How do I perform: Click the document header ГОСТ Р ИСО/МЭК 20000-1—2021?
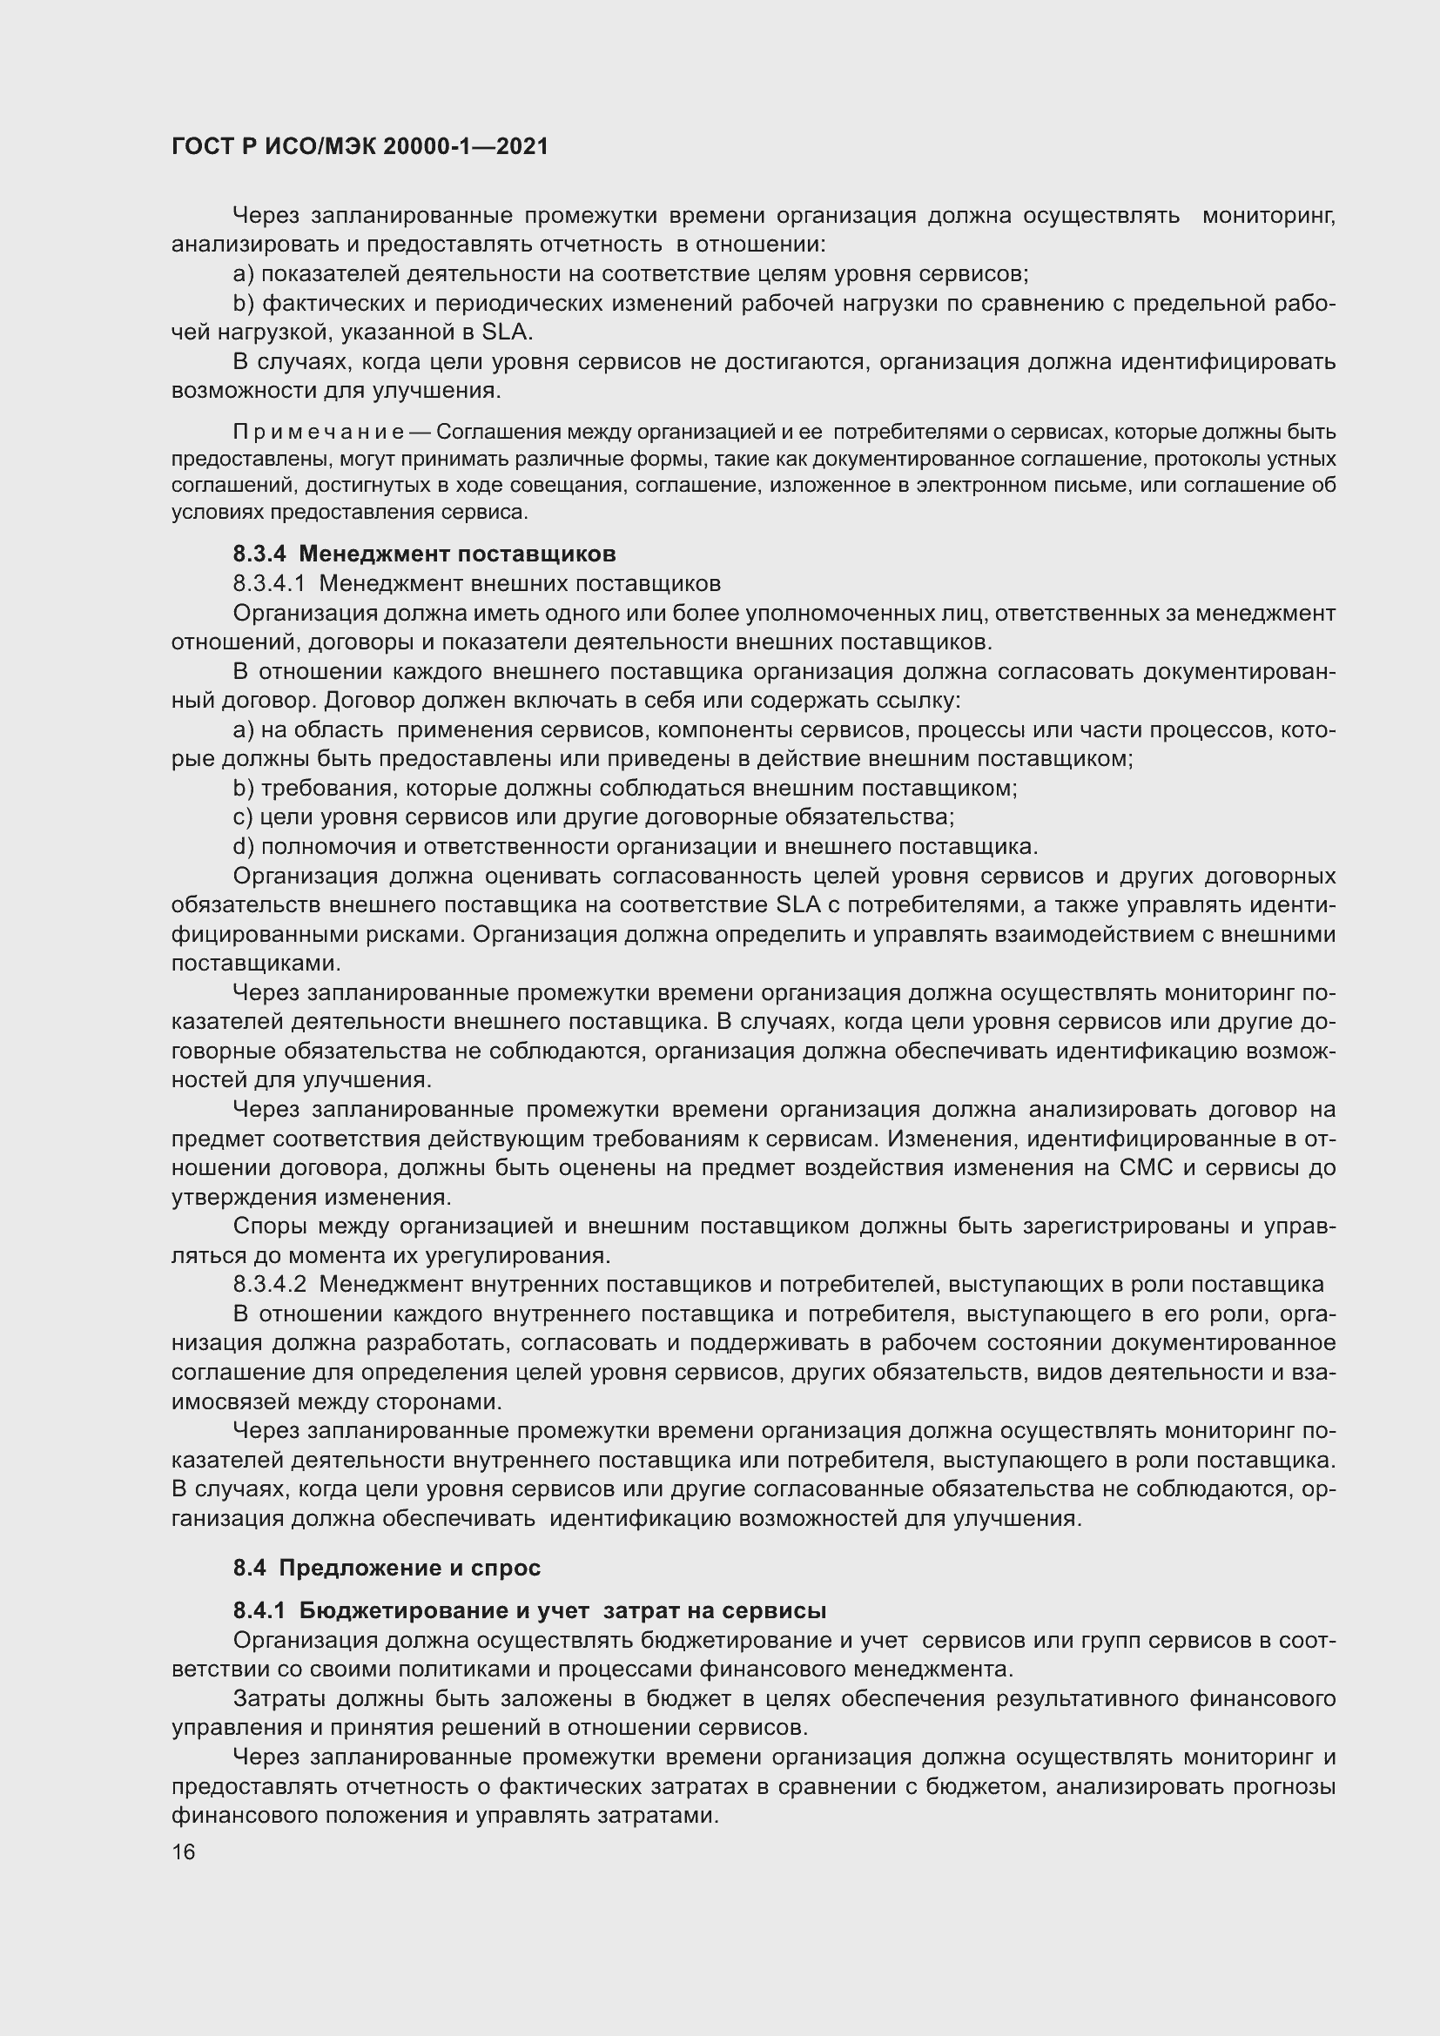359,147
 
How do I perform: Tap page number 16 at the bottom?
184,1851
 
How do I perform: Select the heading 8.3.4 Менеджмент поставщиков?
424,554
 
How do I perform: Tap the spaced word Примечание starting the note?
319,433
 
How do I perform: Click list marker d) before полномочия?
243,846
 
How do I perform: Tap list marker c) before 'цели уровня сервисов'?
243,816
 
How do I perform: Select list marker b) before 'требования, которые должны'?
243,788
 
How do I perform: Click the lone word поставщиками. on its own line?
256,963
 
